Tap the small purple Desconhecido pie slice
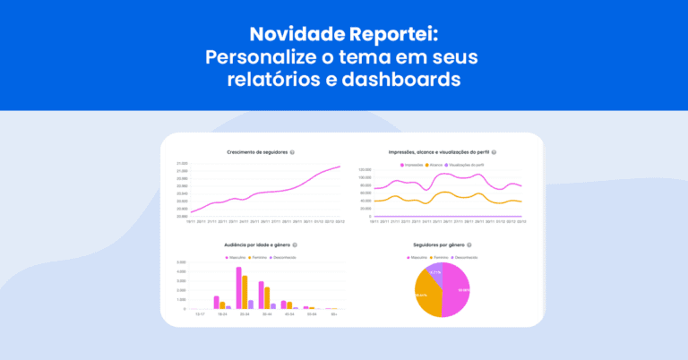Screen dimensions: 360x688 click(434, 272)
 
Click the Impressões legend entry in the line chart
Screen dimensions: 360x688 click(412, 165)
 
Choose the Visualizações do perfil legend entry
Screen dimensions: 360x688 click(467, 165)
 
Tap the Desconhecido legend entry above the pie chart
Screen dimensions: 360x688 click(464, 257)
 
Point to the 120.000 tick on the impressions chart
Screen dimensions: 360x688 click(364, 169)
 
